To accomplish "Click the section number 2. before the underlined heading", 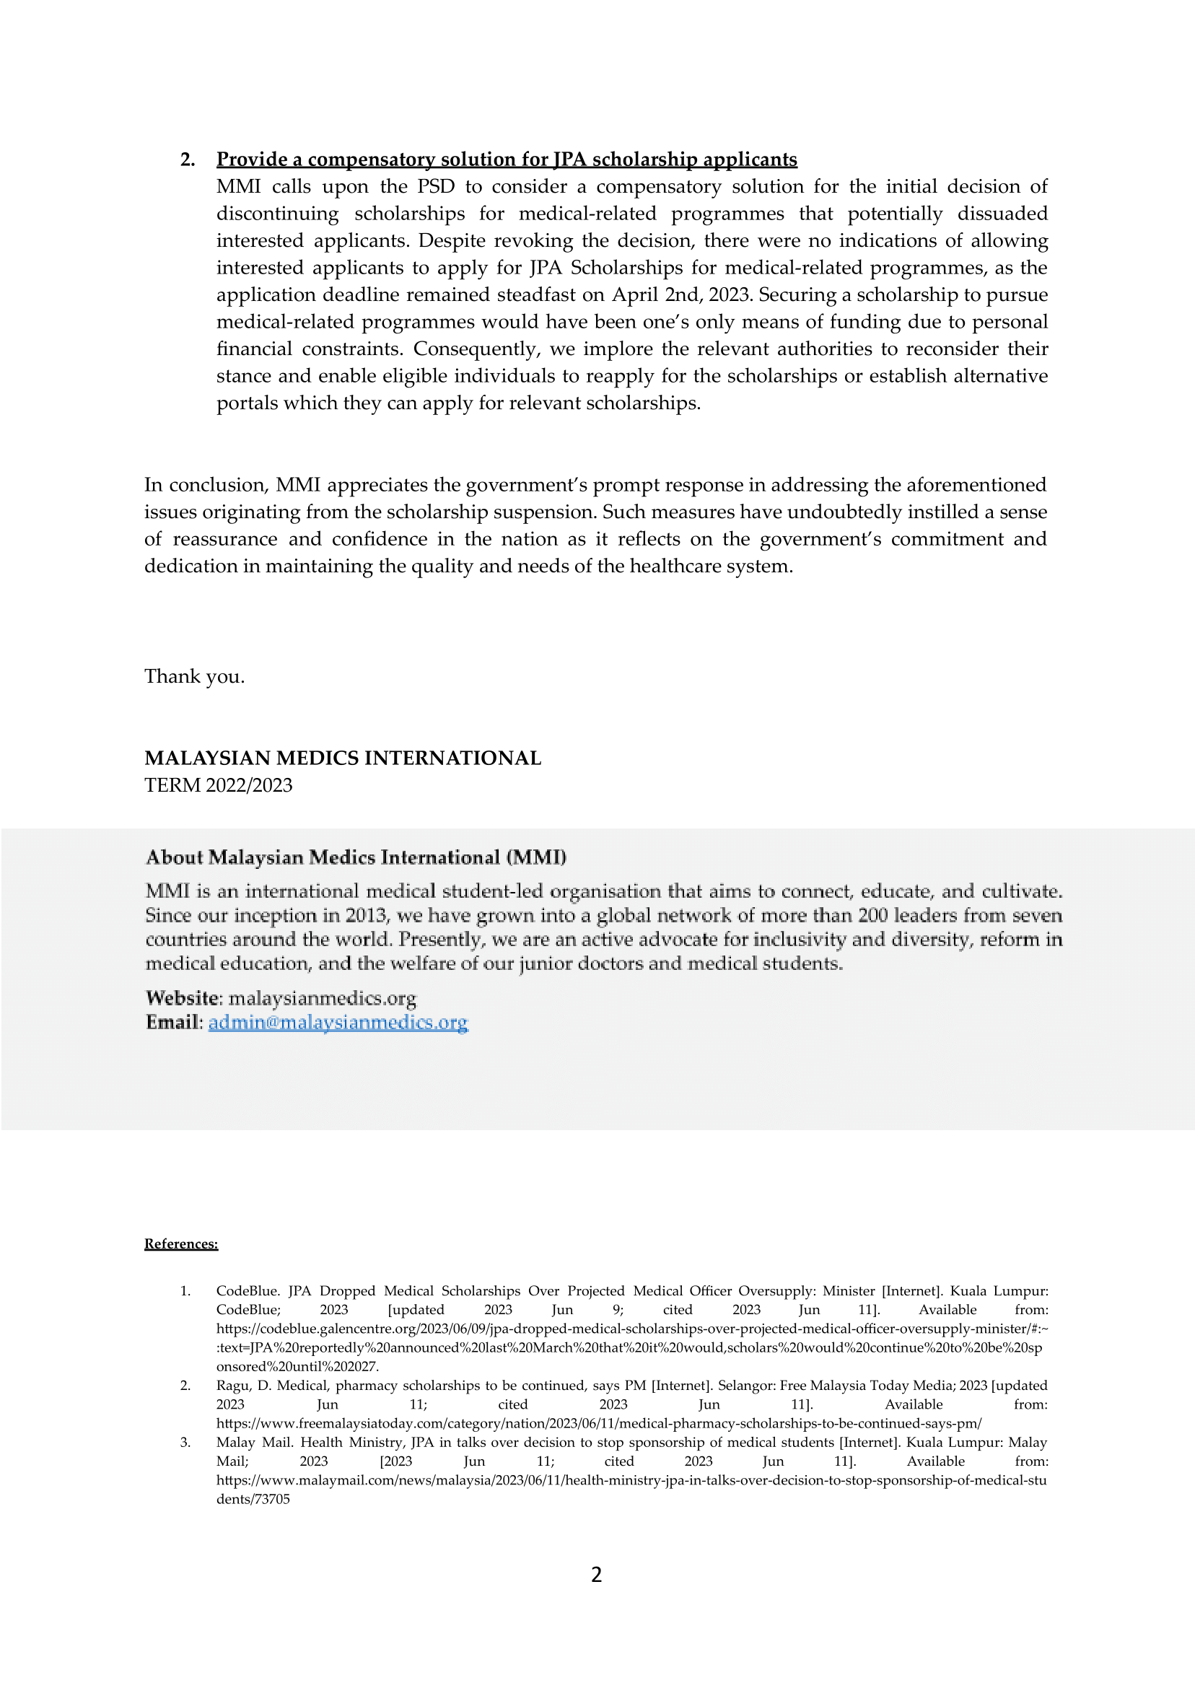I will (x=187, y=159).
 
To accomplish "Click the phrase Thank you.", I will (x=194, y=676).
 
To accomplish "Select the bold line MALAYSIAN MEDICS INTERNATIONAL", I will (x=342, y=758).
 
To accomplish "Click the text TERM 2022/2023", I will (x=218, y=785).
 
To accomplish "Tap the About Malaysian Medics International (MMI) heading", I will (x=356, y=857).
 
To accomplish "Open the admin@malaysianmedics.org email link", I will (x=338, y=1022).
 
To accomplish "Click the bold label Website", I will (x=183, y=998).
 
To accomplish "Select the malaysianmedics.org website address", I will (x=323, y=998).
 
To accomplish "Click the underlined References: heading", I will (x=181, y=1243).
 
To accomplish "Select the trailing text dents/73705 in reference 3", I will (x=253, y=1499).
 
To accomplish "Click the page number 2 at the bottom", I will (x=597, y=1575).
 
